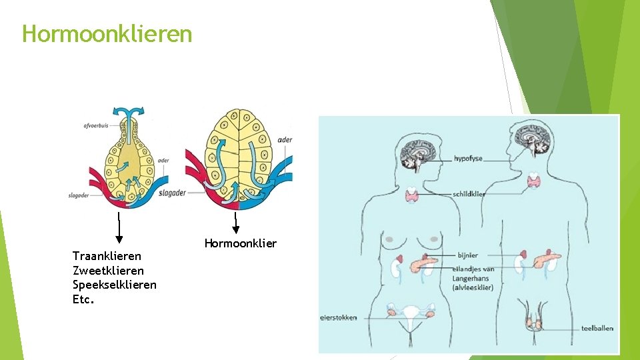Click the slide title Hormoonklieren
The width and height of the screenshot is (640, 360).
coord(107,33)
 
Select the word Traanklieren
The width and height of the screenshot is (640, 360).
coord(107,256)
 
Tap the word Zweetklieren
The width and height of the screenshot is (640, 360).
coord(108,271)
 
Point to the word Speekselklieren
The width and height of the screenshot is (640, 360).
coord(115,285)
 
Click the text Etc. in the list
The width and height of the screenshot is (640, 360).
coord(83,299)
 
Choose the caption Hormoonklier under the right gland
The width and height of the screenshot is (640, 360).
coord(240,243)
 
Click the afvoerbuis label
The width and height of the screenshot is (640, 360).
coord(96,125)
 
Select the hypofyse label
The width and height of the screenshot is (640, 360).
coord(468,159)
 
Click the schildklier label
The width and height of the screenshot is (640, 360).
coord(469,194)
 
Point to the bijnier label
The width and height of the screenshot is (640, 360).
coord(467,255)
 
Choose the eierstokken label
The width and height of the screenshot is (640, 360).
coord(338,318)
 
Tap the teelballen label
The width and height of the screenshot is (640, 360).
coord(597,328)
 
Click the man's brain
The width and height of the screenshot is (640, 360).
coord(533,137)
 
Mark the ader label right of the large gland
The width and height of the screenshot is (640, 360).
coord(285,139)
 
